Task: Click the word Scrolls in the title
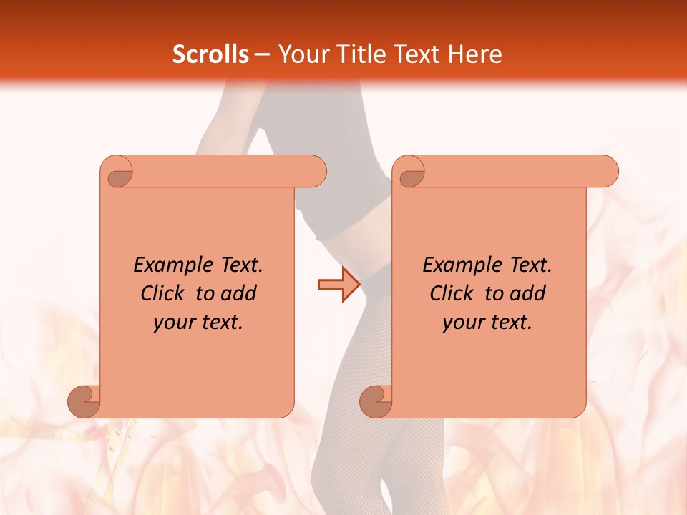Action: (210, 54)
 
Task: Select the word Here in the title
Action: (474, 54)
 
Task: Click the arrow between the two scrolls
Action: (338, 285)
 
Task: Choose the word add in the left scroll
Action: (239, 293)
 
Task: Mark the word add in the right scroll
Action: (528, 293)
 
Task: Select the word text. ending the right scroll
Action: (512, 323)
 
